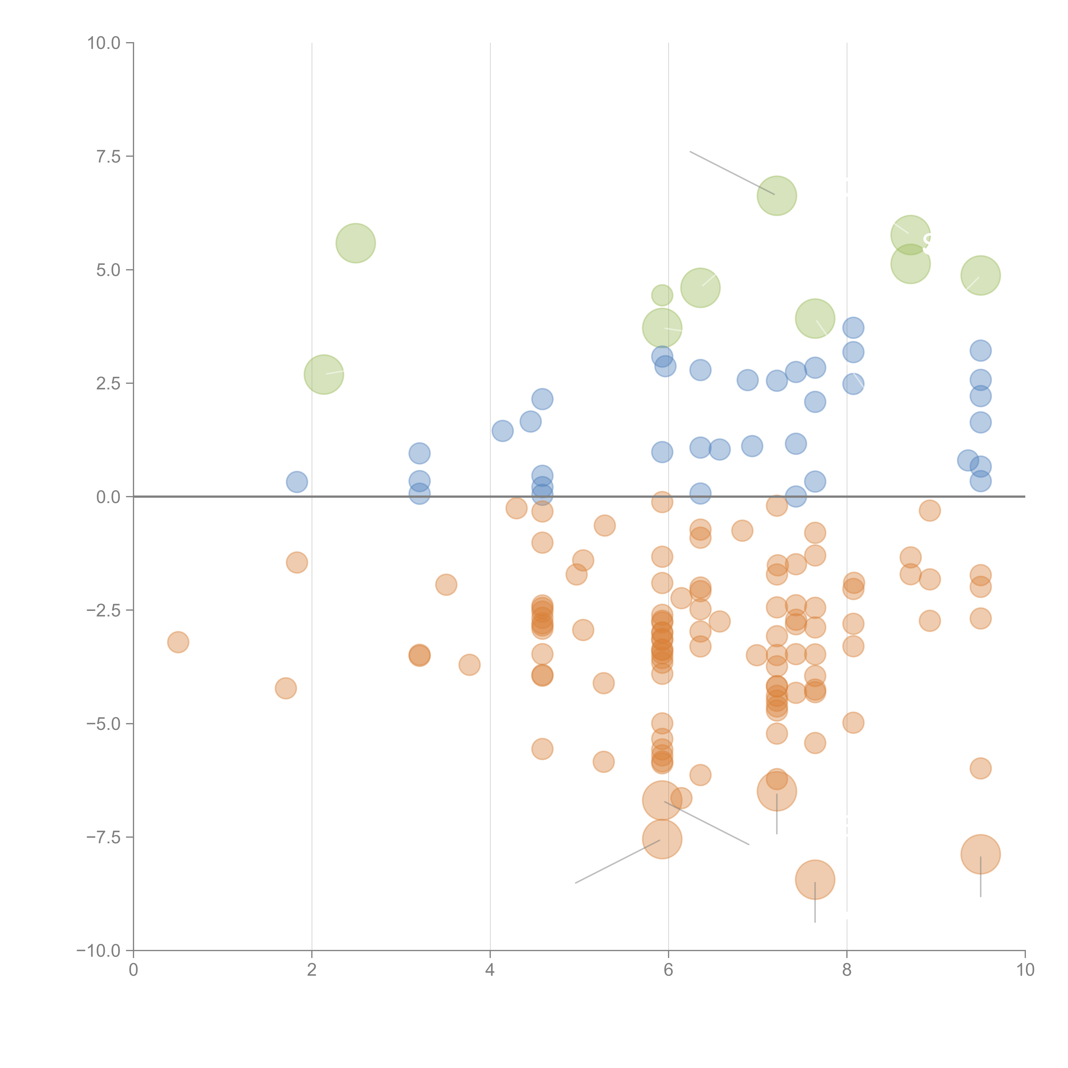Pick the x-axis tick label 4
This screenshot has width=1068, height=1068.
tap(490, 970)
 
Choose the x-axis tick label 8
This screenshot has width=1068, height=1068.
tap(846, 970)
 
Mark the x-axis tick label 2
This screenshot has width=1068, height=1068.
tap(312, 970)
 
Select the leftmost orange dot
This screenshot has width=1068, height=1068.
tap(178, 642)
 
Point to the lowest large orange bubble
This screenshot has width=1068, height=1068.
tap(815, 879)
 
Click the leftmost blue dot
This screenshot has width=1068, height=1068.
tap(297, 481)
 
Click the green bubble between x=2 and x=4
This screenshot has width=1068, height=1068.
tap(355, 243)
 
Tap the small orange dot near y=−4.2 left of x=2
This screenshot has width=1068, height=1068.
tap(286, 688)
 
